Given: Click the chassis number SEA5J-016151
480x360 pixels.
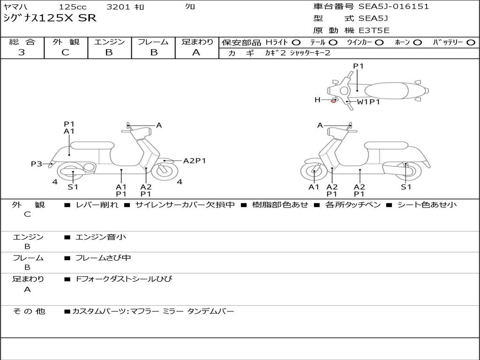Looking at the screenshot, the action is click(x=394, y=7).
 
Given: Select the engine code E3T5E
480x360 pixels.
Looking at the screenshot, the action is click(x=374, y=30).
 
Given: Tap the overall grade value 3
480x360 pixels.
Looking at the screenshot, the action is click(x=22, y=52).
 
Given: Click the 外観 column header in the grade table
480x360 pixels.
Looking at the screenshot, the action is click(x=66, y=42).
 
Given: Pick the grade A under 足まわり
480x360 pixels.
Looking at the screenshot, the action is click(x=196, y=52).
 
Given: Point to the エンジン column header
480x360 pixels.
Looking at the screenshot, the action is click(x=109, y=42).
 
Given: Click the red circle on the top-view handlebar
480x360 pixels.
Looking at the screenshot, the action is click(x=333, y=100).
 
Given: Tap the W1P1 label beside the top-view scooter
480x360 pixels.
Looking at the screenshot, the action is click(x=368, y=101).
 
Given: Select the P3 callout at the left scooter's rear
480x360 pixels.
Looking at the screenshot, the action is click(x=36, y=164).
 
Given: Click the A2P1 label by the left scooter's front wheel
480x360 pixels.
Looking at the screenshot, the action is click(x=195, y=161).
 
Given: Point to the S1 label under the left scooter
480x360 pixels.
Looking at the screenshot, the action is click(x=73, y=187).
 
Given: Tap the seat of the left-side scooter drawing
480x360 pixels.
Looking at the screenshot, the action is click(x=92, y=145).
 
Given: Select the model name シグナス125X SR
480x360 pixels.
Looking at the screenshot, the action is click(x=50, y=18).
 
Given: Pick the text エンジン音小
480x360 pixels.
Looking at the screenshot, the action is click(x=101, y=237).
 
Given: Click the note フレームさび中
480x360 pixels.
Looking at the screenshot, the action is click(x=103, y=258).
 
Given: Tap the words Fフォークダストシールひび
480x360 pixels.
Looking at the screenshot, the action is click(x=124, y=279).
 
